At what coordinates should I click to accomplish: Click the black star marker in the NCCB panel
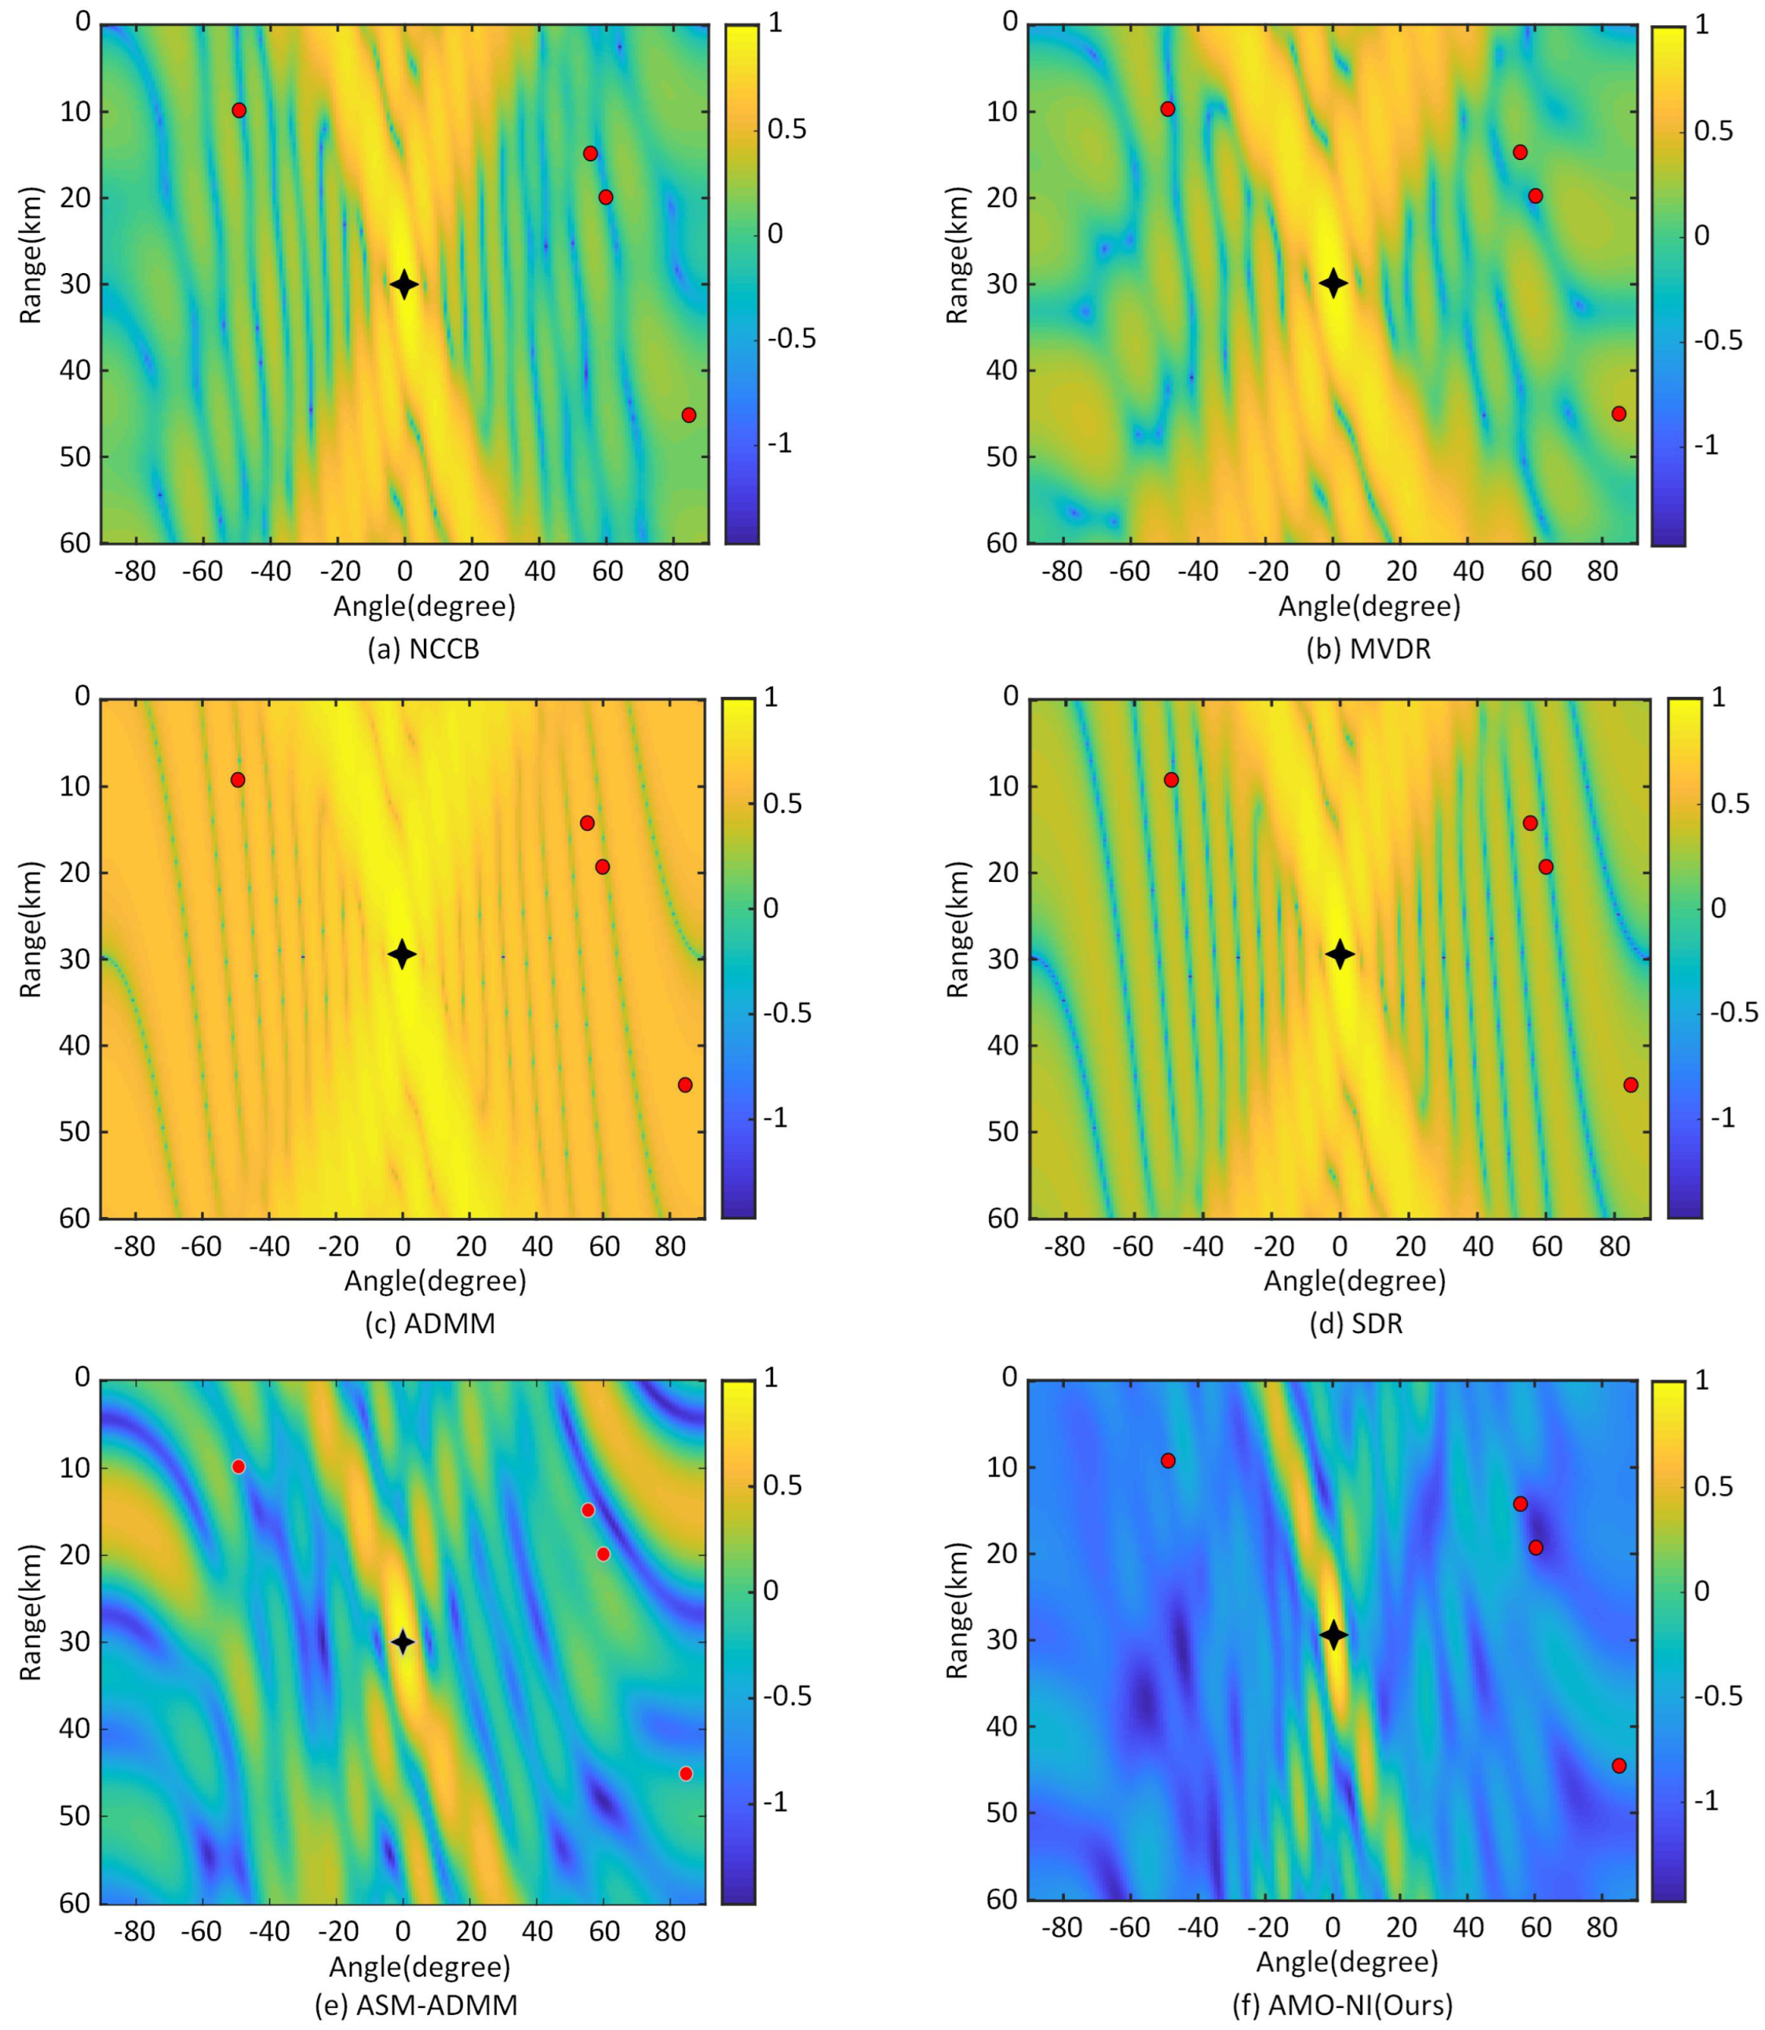pos(404,285)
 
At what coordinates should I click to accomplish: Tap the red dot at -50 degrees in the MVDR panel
pos(1167,108)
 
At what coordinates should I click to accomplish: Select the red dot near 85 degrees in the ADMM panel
pos(684,1084)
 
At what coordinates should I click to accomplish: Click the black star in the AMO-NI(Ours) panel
pos(1333,1635)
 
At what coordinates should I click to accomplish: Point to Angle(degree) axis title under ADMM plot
pos(434,1281)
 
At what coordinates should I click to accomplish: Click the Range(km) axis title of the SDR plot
pos(957,929)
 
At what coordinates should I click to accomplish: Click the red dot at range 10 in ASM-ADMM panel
pos(239,1467)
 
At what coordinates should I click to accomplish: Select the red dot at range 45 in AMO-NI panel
pos(1618,1765)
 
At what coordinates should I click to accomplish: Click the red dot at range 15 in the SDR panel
pos(1530,822)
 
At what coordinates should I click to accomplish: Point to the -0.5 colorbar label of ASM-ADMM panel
pos(787,1696)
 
